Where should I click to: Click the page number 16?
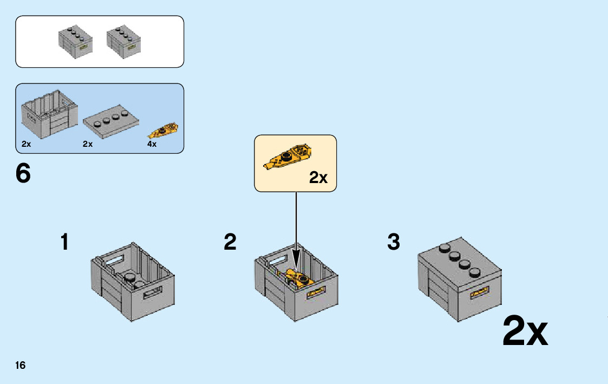click(20, 365)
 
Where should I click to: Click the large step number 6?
click(23, 173)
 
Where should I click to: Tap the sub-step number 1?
click(64, 242)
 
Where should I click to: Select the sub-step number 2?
click(230, 242)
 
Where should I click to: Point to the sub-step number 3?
click(394, 242)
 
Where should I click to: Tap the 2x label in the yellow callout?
click(318, 177)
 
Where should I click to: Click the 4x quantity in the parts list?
click(152, 145)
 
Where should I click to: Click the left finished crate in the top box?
click(75, 42)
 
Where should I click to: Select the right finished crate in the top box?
click(123, 42)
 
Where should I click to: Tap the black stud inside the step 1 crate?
click(130, 277)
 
